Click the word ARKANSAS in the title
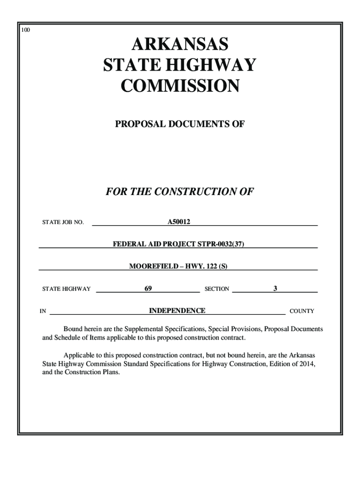[180, 45]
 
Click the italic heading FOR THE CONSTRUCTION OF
[180, 192]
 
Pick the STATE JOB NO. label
[63, 222]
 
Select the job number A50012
[179, 221]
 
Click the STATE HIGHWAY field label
[66, 289]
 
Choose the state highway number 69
[148, 289]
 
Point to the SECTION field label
[216, 289]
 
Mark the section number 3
[275, 289]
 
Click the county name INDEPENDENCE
[177, 311]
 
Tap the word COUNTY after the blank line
[302, 311]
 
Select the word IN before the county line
[43, 311]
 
